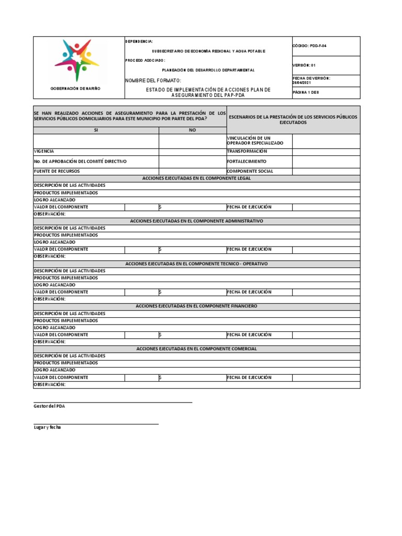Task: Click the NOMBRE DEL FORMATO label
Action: point(153,81)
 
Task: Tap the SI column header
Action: point(96,130)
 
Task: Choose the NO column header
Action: point(192,130)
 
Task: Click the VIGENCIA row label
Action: point(44,151)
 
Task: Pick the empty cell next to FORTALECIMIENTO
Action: point(326,161)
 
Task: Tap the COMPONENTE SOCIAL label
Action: point(250,171)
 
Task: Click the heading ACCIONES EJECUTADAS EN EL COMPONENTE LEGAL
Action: point(196,178)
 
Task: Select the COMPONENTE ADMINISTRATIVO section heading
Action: point(196,221)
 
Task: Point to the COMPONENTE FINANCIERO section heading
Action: point(196,306)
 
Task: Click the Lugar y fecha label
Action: point(48,428)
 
